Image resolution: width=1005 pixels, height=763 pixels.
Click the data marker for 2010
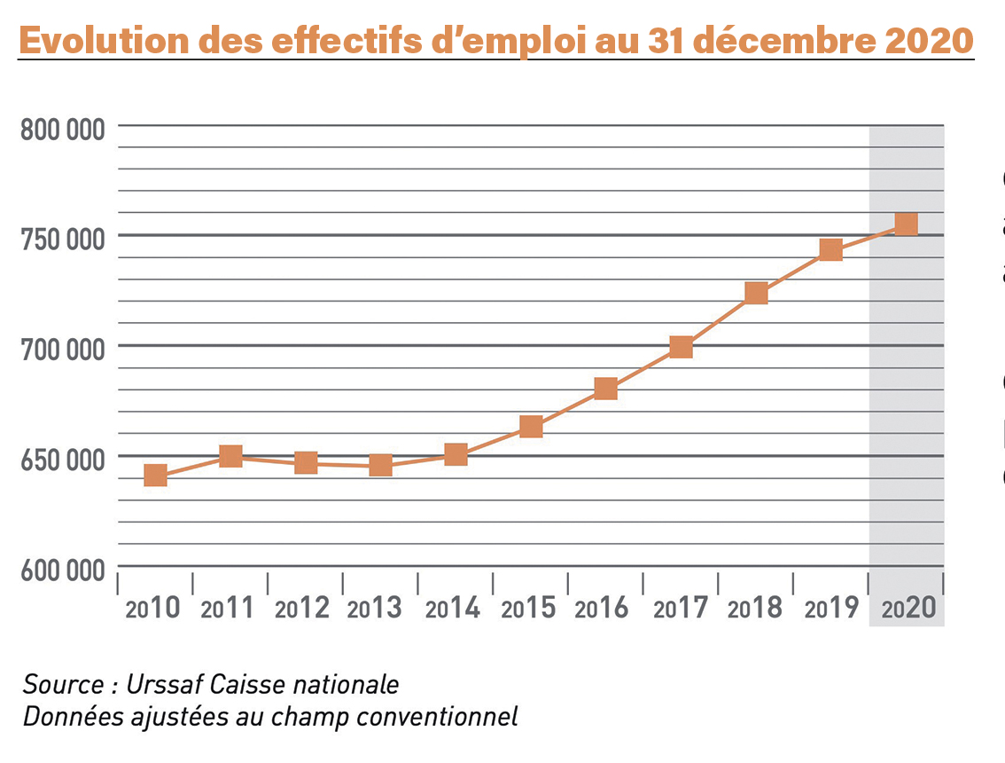[155, 476]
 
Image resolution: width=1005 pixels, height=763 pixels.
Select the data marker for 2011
[230, 457]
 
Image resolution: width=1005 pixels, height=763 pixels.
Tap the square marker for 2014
[456, 455]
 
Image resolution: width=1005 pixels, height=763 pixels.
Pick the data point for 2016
[605, 389]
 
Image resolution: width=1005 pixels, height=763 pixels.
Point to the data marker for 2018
[756, 293]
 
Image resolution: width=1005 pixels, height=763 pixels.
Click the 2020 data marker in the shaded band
[906, 224]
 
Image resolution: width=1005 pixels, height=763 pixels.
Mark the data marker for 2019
[830, 250]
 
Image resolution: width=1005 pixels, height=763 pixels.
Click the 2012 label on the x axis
[302, 609]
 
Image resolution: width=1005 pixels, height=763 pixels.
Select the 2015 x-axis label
[528, 609]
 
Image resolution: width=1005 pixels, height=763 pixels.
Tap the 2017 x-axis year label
[681, 609]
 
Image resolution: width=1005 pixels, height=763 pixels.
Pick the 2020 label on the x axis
[908, 609]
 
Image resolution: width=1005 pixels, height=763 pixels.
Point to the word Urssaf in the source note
[160, 685]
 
